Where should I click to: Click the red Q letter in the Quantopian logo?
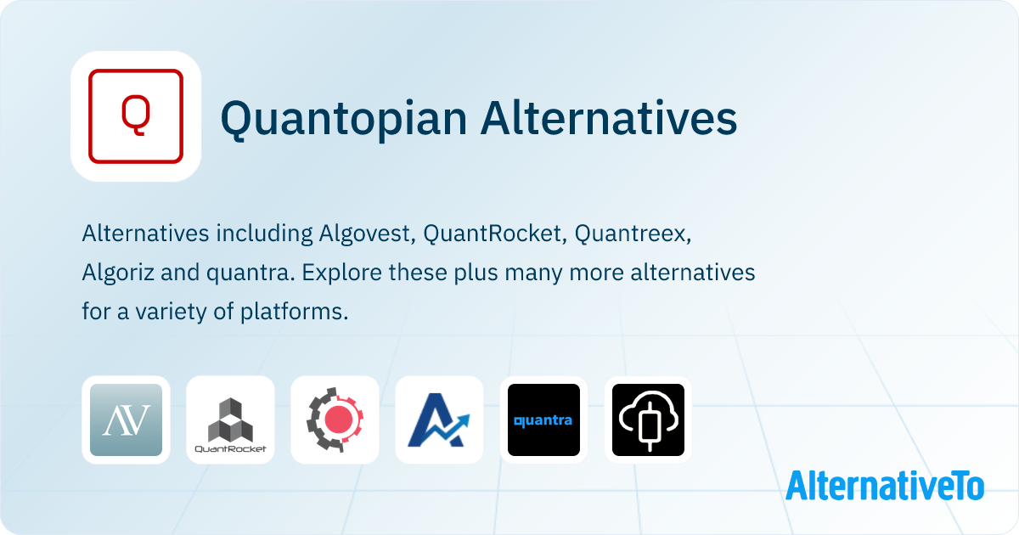tap(136, 115)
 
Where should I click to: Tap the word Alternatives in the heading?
tap(609, 118)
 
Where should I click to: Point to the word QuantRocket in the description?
tap(495, 234)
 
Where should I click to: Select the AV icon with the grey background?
tap(126, 420)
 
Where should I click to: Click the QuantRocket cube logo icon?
tap(230, 420)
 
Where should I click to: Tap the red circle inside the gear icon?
tap(337, 420)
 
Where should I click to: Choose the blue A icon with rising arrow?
tap(439, 420)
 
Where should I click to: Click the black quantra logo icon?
tap(543, 420)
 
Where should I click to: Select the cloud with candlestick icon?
tap(648, 420)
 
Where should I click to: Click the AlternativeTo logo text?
tap(885, 486)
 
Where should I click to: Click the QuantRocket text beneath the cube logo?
tap(230, 449)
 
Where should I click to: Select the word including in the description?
tap(264, 234)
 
